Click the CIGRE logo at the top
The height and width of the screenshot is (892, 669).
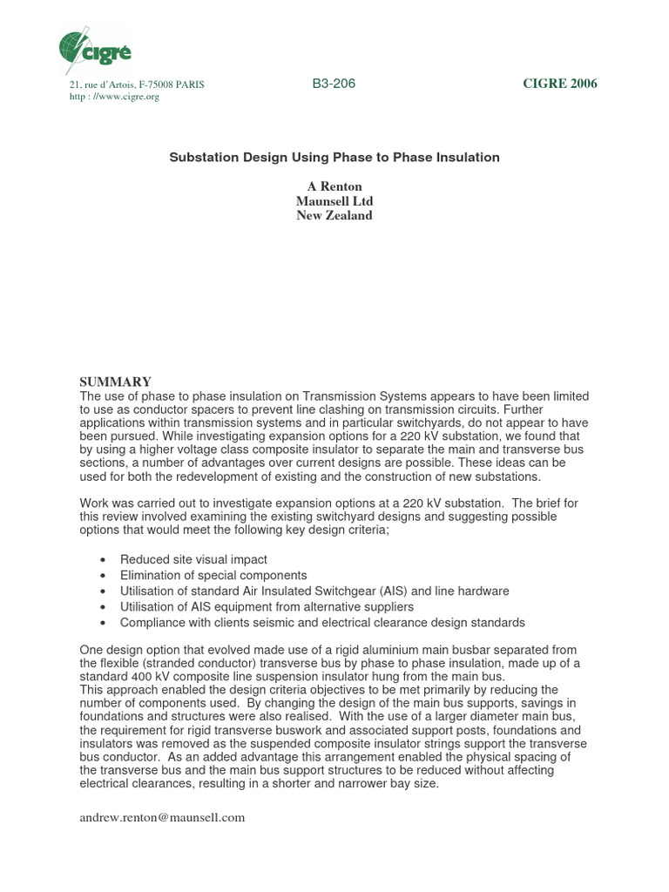click(95, 48)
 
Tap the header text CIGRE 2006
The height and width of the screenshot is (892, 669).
click(559, 84)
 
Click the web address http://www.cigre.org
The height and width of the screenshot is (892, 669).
click(114, 97)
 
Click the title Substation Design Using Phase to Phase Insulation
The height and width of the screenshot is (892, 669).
click(334, 158)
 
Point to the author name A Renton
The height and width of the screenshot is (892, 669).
click(334, 187)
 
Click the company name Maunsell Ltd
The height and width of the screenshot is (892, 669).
click(334, 201)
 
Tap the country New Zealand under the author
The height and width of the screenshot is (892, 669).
click(334, 215)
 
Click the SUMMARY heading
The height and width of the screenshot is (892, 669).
click(116, 382)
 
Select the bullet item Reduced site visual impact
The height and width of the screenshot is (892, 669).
click(193, 559)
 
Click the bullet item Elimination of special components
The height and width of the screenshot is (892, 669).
click(213, 575)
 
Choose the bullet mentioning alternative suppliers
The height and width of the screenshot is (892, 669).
click(267, 606)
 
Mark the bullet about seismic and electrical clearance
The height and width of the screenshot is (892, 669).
click(322, 622)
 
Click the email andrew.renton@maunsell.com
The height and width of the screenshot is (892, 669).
click(162, 817)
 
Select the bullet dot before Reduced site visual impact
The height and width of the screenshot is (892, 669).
click(104, 560)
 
